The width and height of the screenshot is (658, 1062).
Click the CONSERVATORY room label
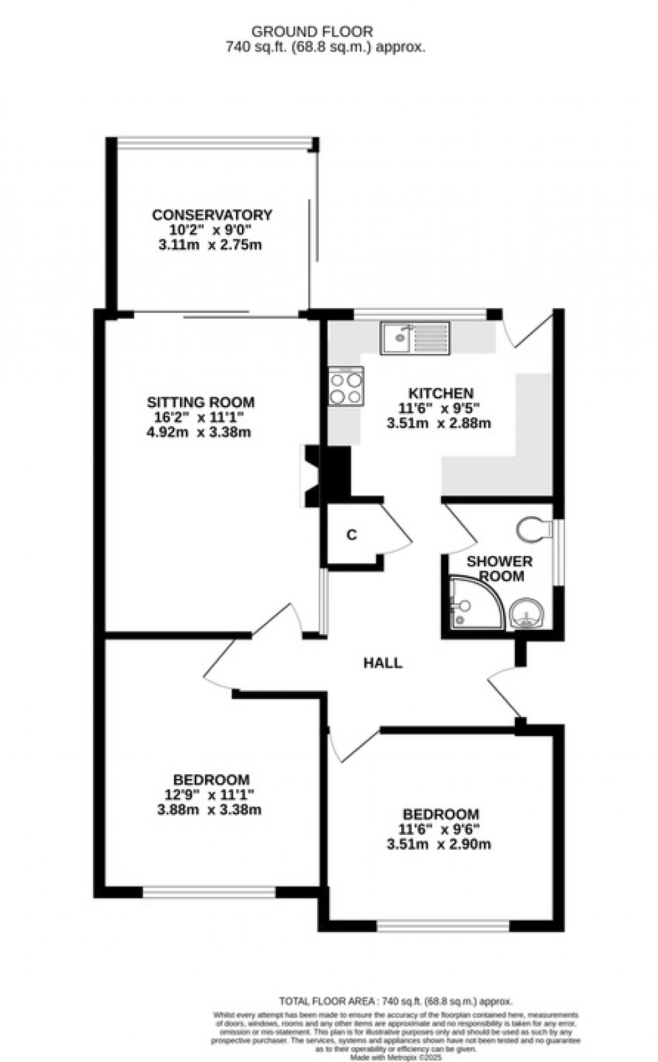pyautogui.click(x=212, y=215)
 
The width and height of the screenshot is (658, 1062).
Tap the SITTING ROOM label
pyautogui.click(x=201, y=403)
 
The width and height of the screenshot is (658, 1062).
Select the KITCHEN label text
pyautogui.click(x=441, y=393)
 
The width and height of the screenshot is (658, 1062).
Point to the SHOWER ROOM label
pyautogui.click(x=499, y=568)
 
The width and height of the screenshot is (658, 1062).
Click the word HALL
pyautogui.click(x=383, y=663)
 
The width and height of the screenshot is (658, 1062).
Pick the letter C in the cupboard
pyautogui.click(x=352, y=535)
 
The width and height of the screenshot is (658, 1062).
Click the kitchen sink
pyautogui.click(x=415, y=337)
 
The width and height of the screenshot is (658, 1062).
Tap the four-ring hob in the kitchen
pyautogui.click(x=346, y=386)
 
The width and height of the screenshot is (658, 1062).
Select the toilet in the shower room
pyautogui.click(x=535, y=528)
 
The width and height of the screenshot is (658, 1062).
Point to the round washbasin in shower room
pyautogui.click(x=526, y=613)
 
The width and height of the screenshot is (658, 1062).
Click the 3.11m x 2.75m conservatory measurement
pyautogui.click(x=210, y=245)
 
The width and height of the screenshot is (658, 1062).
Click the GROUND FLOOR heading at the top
pyautogui.click(x=312, y=31)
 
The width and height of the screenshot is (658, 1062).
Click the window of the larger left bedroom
pyautogui.click(x=208, y=892)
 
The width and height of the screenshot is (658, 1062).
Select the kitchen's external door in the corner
pyautogui.click(x=530, y=330)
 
